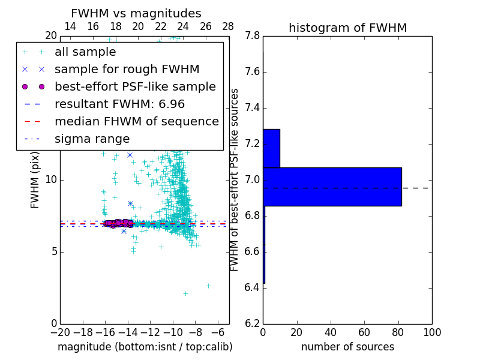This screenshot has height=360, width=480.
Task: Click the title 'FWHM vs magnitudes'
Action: coord(136,13)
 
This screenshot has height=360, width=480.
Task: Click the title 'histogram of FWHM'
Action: coord(347,28)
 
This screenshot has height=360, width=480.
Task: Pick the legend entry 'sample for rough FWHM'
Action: coord(127,70)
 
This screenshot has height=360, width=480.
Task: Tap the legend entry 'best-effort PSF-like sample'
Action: coord(135,87)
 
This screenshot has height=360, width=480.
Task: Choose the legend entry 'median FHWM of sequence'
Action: coord(136,122)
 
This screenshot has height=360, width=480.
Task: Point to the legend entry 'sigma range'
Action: coord(92,139)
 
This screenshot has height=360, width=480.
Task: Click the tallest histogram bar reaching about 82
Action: coord(332,187)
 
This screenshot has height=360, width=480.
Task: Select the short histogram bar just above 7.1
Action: coord(271,148)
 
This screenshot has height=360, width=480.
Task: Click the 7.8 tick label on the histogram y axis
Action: coord(252,36)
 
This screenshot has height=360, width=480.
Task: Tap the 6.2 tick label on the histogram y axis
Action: coord(252,323)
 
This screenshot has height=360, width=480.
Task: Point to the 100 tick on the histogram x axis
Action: coord(431,332)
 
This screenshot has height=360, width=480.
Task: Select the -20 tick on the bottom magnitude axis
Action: coord(60,332)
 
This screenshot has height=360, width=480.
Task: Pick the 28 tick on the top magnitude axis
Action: coord(228,26)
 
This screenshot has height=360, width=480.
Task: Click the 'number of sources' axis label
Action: coord(347,347)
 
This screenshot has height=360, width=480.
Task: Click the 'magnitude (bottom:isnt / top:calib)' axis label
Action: coord(145,347)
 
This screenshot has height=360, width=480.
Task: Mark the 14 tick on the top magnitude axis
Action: coord(70,26)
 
